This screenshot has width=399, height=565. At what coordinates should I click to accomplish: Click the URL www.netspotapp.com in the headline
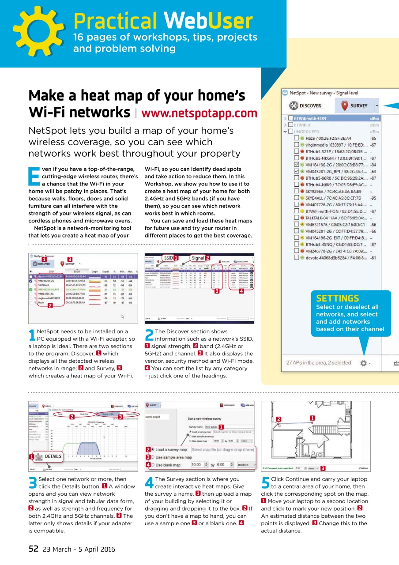click(199, 113)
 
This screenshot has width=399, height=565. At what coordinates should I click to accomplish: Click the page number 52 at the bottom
click(34, 549)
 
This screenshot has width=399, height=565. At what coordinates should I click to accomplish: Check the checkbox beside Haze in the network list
click(297, 138)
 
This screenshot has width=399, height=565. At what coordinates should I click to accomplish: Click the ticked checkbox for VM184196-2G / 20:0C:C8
click(297, 165)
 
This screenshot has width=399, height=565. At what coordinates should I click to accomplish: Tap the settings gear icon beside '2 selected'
click(363, 363)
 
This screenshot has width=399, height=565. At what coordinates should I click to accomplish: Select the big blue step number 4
click(149, 482)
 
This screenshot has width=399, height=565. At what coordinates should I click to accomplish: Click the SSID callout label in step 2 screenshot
click(168, 257)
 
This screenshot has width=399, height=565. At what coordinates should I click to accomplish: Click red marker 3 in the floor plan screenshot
click(323, 468)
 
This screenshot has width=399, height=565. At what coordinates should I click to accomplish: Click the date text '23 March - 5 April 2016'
click(79, 549)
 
